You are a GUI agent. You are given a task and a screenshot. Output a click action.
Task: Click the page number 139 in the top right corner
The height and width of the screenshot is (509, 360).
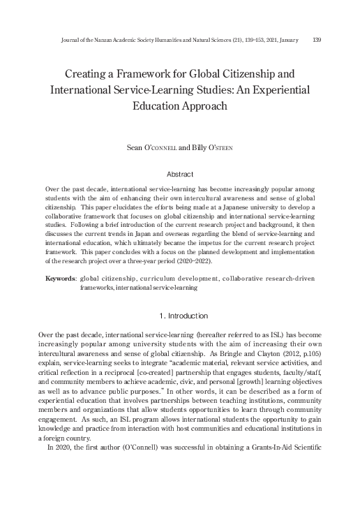pyautogui.click(x=317, y=40)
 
